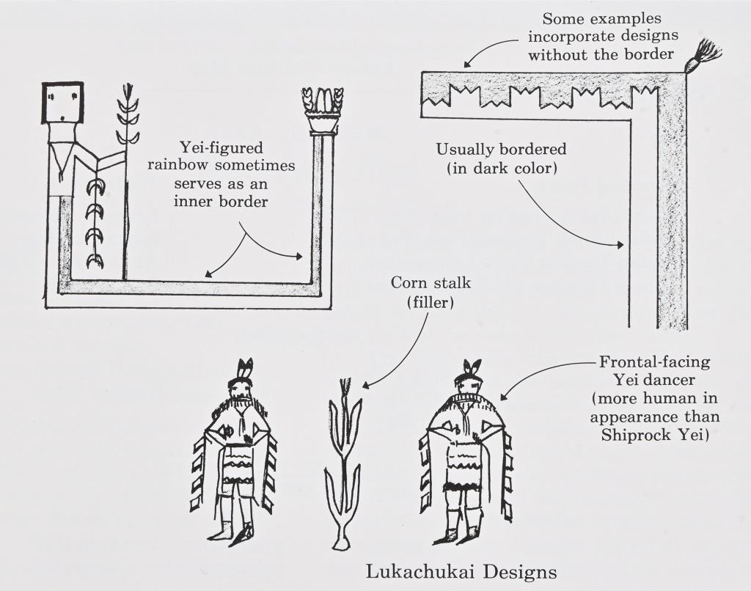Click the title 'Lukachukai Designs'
click(461, 570)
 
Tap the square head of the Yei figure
click(62, 103)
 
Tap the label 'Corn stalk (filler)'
click(421, 290)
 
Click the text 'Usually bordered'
click(501, 149)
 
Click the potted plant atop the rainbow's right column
click(323, 110)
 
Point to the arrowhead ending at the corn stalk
click(365, 386)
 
